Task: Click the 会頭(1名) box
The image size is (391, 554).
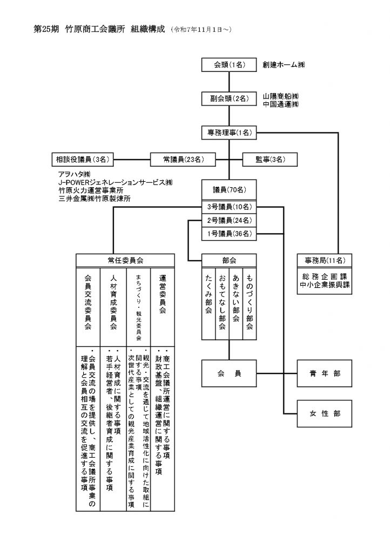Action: [230, 65]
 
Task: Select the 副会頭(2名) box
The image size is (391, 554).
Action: [230, 98]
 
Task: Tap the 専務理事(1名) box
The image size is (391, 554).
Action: [230, 132]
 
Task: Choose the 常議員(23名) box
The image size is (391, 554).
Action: [183, 159]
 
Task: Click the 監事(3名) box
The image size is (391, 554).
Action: [269, 159]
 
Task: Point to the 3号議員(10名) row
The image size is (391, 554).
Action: [230, 207]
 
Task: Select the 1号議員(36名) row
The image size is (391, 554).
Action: [230, 234]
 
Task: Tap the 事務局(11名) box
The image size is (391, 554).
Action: [323, 260]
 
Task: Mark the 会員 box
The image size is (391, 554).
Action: [230, 373]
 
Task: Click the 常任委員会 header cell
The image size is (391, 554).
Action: [125, 260]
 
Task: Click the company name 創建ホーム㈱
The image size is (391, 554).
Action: [284, 65]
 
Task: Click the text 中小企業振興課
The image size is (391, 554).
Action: [324, 285]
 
